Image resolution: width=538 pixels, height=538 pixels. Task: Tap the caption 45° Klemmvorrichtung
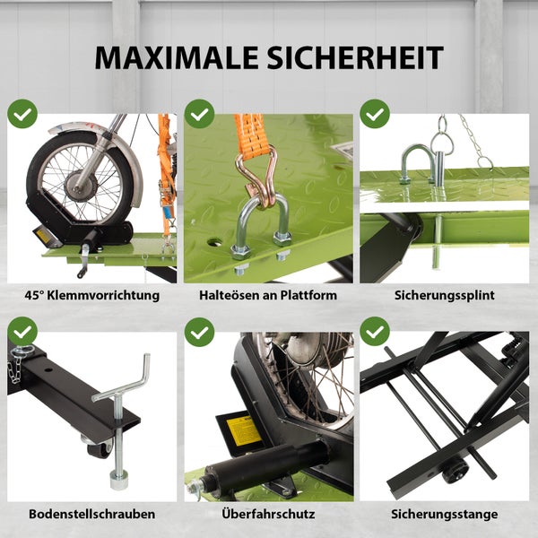coord(92,294)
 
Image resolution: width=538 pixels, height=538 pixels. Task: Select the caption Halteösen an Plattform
coord(269,294)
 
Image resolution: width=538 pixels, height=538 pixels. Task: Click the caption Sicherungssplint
coord(444,294)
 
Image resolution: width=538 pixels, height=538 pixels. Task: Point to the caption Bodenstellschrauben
coord(92,515)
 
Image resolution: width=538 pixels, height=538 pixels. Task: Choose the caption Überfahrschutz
coord(269,515)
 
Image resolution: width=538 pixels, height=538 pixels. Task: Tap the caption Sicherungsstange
coord(444,515)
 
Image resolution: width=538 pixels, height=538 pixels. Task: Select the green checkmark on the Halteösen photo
coord(199,114)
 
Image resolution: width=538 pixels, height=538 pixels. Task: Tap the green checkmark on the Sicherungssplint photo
coord(374,114)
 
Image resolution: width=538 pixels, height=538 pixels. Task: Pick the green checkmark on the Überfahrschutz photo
coord(199,333)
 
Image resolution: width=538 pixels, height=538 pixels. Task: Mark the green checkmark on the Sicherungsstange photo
coord(374,333)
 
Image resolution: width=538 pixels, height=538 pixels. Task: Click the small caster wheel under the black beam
coord(92,446)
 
